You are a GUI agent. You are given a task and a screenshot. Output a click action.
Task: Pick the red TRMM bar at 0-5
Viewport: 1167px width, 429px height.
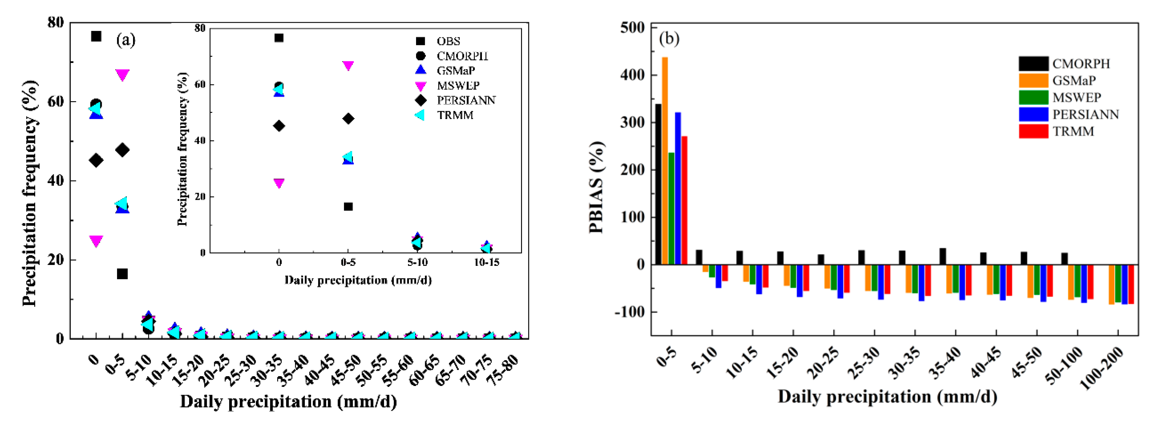tap(684, 200)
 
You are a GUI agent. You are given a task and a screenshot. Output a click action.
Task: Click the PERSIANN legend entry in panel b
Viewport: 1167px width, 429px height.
tap(1069, 114)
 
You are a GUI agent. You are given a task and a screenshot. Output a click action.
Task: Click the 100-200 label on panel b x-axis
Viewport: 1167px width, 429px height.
tap(1102, 368)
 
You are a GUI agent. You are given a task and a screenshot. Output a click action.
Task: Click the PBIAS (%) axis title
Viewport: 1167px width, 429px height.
tap(596, 187)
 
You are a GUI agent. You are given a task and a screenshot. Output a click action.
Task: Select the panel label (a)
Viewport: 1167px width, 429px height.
tap(126, 40)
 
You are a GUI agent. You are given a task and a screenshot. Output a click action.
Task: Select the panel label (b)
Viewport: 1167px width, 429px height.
tap(669, 38)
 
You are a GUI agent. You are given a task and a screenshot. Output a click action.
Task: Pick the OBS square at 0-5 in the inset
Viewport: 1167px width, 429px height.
tap(348, 207)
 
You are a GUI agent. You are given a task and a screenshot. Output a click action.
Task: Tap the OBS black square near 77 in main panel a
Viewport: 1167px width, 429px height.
tap(96, 36)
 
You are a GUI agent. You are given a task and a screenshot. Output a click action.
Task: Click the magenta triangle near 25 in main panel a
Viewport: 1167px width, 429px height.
tap(96, 241)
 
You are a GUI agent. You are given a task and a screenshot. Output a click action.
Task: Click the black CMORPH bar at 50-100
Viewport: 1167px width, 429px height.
tap(1064, 258)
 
